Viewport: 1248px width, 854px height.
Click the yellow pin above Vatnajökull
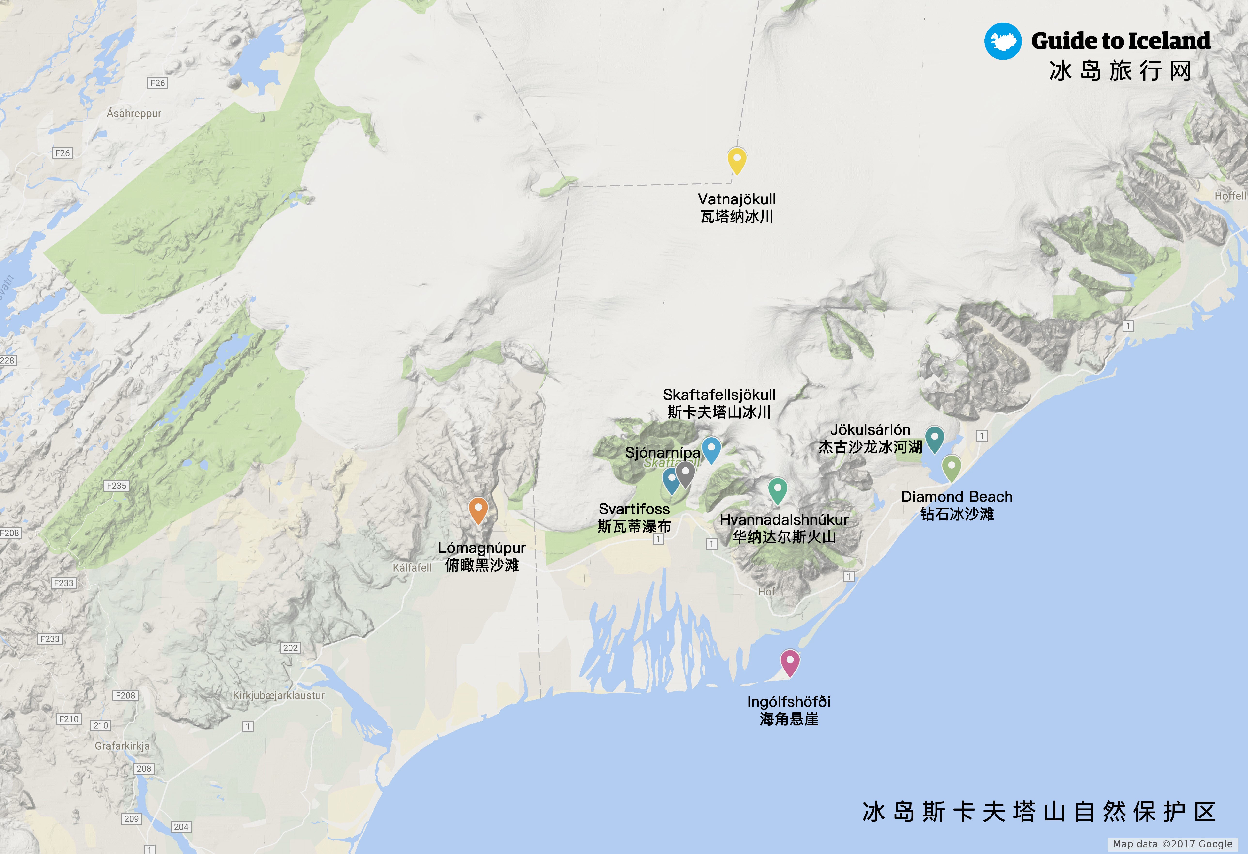[x=737, y=160]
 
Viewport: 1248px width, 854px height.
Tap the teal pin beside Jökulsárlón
[x=934, y=439]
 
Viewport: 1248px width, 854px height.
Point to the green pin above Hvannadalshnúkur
[x=778, y=490]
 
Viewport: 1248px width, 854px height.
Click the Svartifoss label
[x=634, y=509]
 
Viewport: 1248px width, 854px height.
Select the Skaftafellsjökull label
[x=719, y=395]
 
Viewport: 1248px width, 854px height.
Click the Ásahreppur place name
[x=134, y=113]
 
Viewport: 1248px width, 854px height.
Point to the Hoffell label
[x=1230, y=196]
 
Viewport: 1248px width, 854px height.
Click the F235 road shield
[x=117, y=486]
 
